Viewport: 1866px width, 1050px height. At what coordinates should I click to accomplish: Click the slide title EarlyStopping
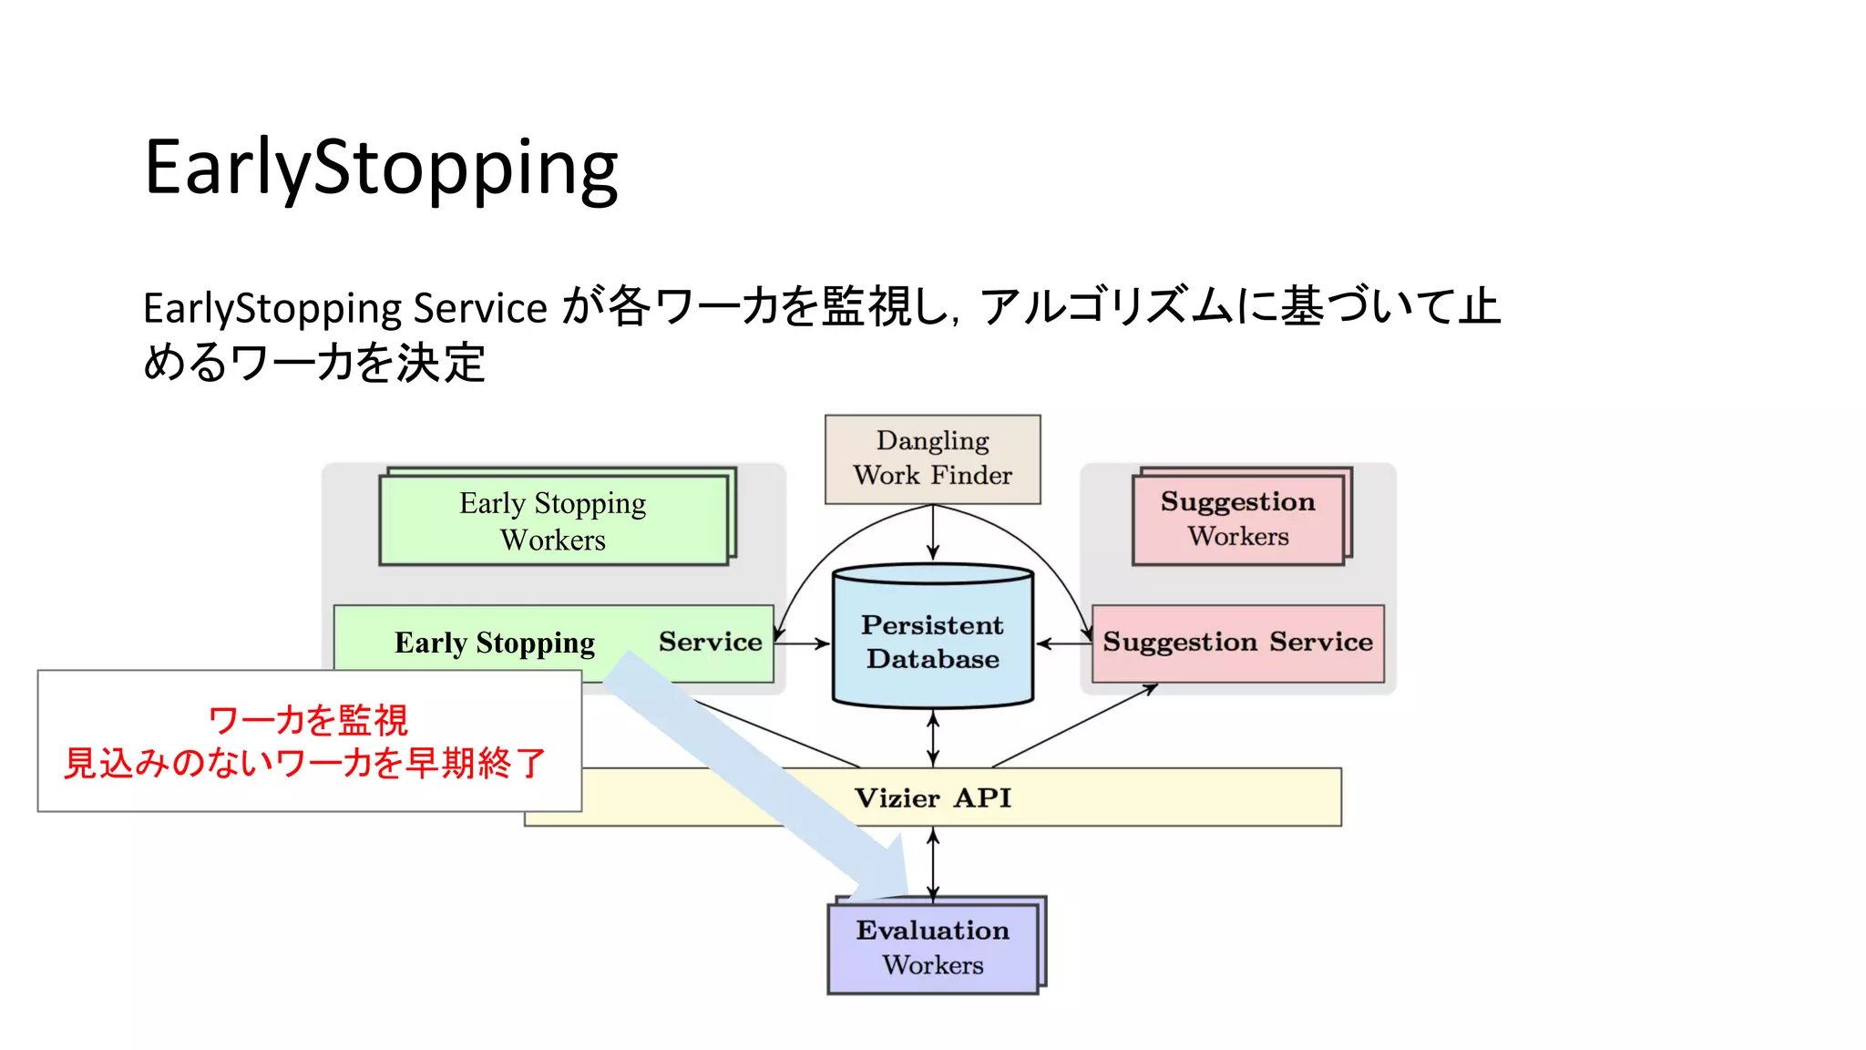pyautogui.click(x=381, y=168)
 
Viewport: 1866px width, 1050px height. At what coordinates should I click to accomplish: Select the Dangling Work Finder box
pyautogui.click(x=932, y=458)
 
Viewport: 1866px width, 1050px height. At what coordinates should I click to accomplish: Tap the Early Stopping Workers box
pyautogui.click(x=553, y=520)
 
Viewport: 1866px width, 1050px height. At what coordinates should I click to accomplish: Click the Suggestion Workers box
pyautogui.click(x=1237, y=519)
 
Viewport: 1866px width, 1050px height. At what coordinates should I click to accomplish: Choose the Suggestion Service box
pyautogui.click(x=1237, y=643)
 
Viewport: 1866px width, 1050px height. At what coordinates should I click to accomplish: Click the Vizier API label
pyautogui.click(x=932, y=798)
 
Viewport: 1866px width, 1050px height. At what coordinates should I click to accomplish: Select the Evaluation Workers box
pyautogui.click(x=932, y=948)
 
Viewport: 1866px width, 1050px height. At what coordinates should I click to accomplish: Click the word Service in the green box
pyautogui.click(x=710, y=642)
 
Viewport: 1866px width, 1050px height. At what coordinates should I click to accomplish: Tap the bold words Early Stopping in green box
pyautogui.click(x=494, y=643)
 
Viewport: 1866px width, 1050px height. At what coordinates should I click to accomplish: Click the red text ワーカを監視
pyautogui.click(x=308, y=720)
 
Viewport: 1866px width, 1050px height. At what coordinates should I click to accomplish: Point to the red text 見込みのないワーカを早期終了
pyautogui.click(x=304, y=763)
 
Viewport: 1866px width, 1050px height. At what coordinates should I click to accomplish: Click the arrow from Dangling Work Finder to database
pyautogui.click(x=932, y=533)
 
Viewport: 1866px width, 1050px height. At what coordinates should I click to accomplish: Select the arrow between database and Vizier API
pyautogui.click(x=932, y=739)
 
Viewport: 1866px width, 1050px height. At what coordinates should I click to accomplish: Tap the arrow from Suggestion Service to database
pyautogui.click(x=1062, y=643)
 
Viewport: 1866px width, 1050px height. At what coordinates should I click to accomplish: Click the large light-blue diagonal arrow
pyautogui.click(x=756, y=775)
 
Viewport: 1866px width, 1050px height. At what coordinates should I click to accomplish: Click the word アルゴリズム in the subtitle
pyautogui.click(x=1107, y=306)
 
